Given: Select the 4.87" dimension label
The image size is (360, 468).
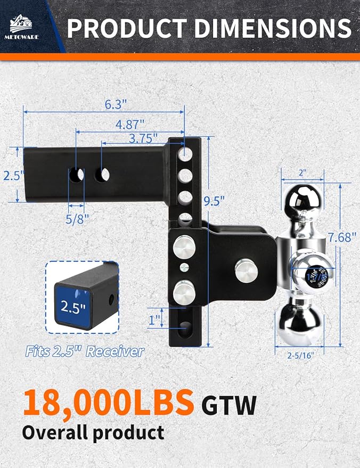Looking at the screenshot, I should [130, 125].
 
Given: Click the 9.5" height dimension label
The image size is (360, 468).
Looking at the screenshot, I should [214, 201].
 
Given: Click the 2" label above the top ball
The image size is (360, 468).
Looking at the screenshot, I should [302, 173].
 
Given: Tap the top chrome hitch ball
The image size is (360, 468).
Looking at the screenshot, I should [302, 200].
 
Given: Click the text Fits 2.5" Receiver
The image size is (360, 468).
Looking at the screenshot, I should [85, 351].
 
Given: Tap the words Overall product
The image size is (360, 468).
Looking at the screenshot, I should [93, 432].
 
